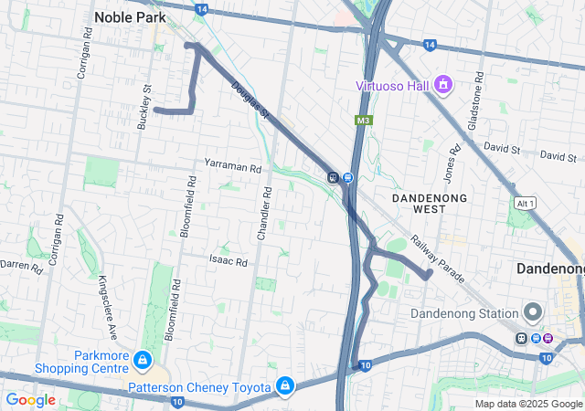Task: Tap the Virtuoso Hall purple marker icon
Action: click(444, 86)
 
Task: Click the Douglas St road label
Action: click(250, 101)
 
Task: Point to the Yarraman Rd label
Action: click(233, 169)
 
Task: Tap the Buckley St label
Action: click(144, 107)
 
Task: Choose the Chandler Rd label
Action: click(264, 214)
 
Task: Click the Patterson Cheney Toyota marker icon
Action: click(286, 386)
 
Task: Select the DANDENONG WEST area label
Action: click(429, 203)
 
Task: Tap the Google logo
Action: click(30, 400)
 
